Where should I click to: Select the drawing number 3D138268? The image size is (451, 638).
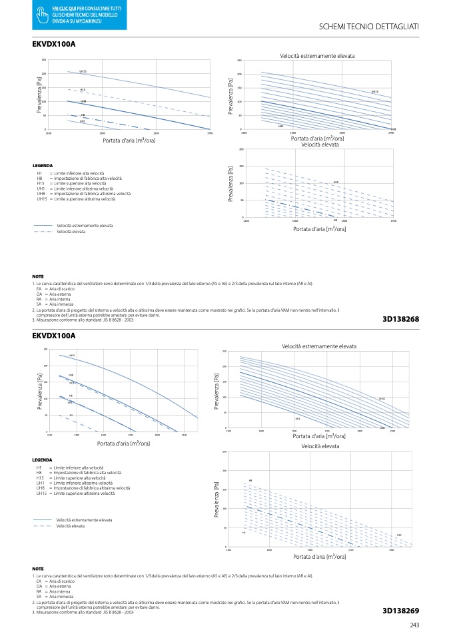[x=400, y=319]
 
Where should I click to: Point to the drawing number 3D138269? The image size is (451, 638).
[x=400, y=610]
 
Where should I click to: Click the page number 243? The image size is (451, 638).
[x=414, y=624]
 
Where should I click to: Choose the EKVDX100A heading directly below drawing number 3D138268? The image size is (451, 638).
[x=54, y=336]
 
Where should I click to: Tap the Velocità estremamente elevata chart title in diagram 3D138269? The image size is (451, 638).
[x=318, y=346]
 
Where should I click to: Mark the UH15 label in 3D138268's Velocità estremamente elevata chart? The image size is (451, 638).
[x=375, y=91]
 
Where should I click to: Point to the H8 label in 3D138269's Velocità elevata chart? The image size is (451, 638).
[x=250, y=480]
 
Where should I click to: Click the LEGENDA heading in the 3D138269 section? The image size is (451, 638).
[x=43, y=460]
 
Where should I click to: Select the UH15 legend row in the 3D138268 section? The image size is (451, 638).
[x=76, y=199]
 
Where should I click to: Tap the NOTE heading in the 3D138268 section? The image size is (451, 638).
[x=38, y=276]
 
